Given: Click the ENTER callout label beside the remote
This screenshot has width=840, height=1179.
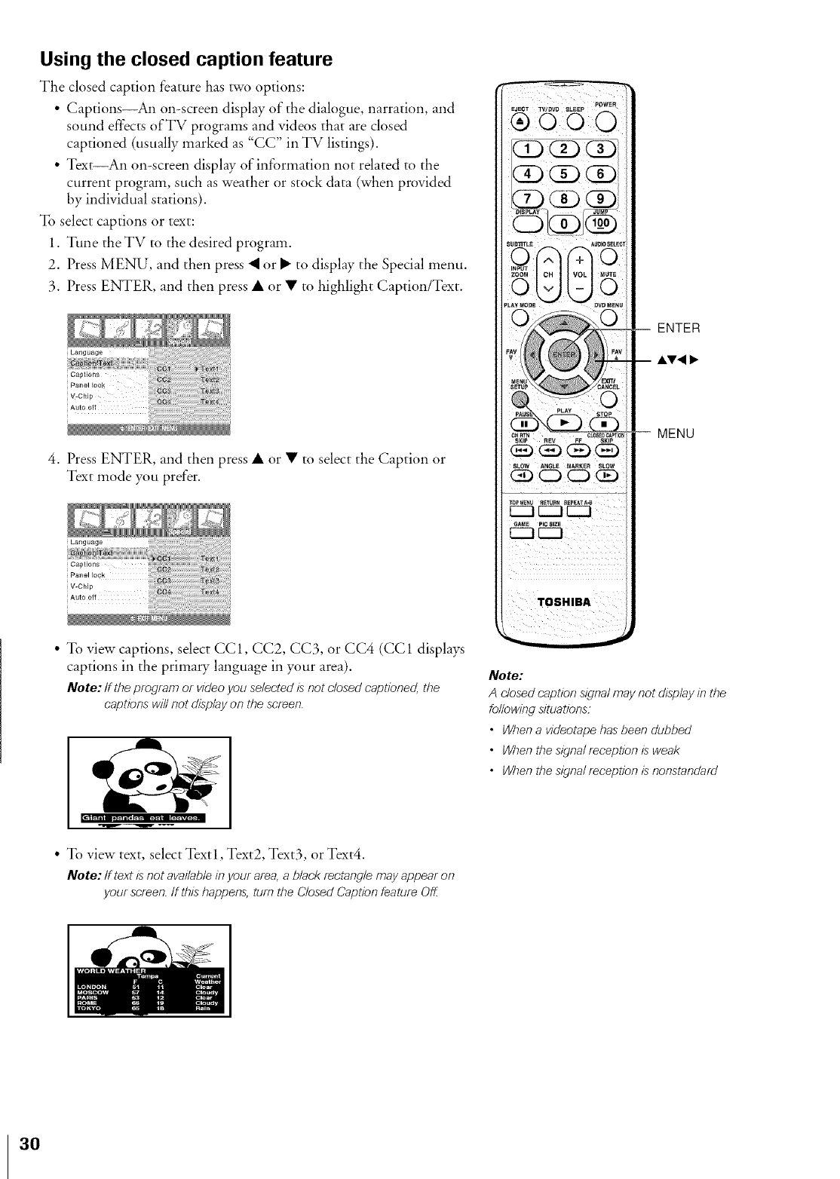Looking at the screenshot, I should (x=679, y=328).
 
